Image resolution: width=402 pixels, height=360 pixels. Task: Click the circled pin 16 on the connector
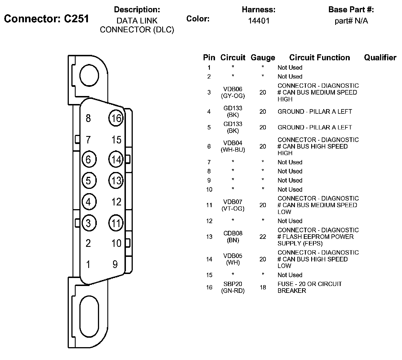tap(116, 118)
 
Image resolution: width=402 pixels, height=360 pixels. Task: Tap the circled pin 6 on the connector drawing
tap(89, 159)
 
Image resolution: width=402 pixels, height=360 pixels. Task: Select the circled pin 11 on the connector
tap(116, 223)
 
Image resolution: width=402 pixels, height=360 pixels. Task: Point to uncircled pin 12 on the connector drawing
tap(116, 202)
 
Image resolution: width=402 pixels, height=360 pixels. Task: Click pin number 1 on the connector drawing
tap(88, 264)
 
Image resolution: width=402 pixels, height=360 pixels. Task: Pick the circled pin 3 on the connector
tap(89, 223)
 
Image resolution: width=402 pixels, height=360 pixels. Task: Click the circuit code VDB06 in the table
tap(233, 89)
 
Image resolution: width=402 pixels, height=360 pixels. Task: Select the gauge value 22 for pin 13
tap(263, 237)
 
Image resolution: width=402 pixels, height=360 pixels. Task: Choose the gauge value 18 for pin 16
tap(263, 287)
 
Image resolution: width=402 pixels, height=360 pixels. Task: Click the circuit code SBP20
tap(233, 284)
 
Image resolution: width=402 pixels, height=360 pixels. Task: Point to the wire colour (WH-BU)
tap(233, 150)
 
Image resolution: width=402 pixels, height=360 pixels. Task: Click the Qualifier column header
tap(380, 58)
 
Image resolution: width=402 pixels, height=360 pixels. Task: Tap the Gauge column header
tap(263, 58)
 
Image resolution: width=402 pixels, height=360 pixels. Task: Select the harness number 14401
tap(258, 21)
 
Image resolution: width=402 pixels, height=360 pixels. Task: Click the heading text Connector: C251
tap(47, 19)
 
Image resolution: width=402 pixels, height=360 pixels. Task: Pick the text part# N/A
tap(351, 21)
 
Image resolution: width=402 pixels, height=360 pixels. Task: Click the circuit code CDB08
tap(233, 233)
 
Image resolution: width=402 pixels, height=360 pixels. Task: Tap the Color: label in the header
tap(198, 19)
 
